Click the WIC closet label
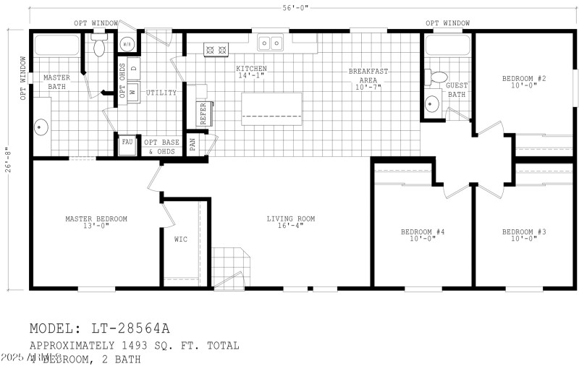click(x=181, y=239)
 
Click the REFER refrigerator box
click(x=203, y=114)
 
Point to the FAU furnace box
click(x=127, y=143)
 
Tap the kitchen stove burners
click(x=216, y=50)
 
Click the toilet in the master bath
click(x=99, y=47)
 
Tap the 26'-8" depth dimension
click(x=9, y=160)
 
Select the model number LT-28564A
click(x=132, y=330)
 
